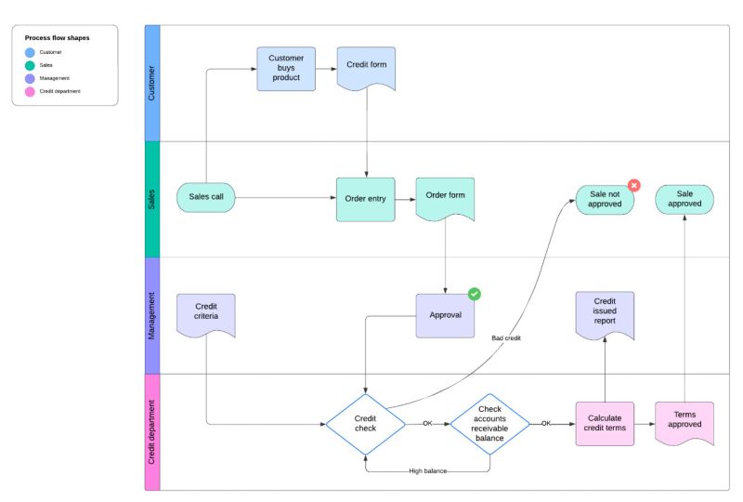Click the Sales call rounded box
(x=206, y=197)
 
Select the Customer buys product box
(x=286, y=69)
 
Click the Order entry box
(x=365, y=199)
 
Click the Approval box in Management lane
(x=445, y=315)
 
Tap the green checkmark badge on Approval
(x=475, y=294)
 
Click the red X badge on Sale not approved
(x=634, y=185)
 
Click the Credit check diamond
(x=365, y=424)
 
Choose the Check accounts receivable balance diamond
(x=489, y=424)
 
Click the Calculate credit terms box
(x=605, y=424)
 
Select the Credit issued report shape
(x=605, y=313)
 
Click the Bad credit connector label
(x=506, y=338)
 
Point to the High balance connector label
(x=428, y=471)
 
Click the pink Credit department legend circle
(x=30, y=91)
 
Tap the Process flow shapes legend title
(x=58, y=38)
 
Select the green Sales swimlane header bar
(x=152, y=199)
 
